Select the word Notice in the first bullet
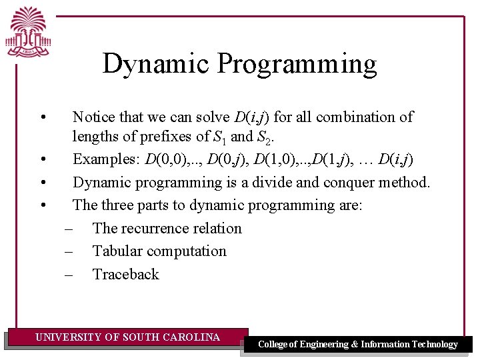pyautogui.click(x=93, y=117)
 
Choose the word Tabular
pyautogui.click(x=117, y=251)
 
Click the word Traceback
pyautogui.click(x=126, y=274)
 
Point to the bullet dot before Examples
pyautogui.click(x=43, y=160)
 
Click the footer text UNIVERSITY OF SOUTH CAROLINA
pyautogui.click(x=127, y=337)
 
